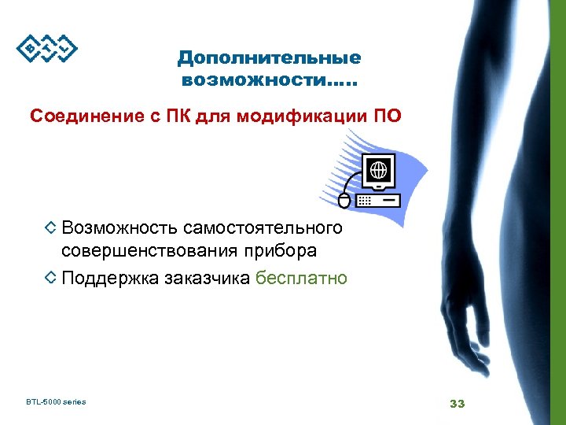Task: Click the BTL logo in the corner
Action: [47, 48]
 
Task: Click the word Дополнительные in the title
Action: [269, 58]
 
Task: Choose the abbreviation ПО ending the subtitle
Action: [387, 116]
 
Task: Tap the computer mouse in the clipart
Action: [344, 199]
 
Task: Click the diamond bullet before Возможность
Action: [50, 228]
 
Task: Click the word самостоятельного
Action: [263, 228]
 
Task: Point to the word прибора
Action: [279, 252]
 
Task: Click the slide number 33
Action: [458, 404]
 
